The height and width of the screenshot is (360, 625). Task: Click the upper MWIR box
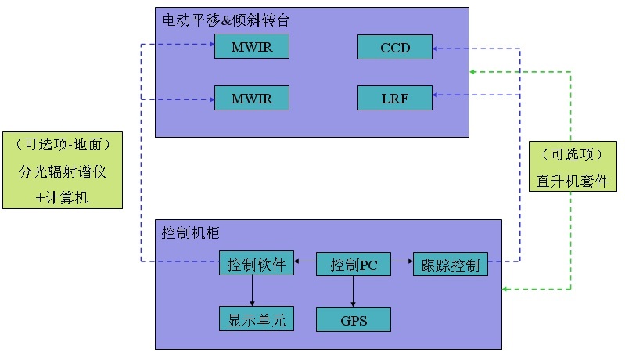pyautogui.click(x=251, y=47)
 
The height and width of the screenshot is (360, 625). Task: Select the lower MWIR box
pyautogui.click(x=251, y=99)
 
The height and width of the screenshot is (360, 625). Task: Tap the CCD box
pyautogui.click(x=395, y=47)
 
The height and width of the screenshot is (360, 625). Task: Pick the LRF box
pyautogui.click(x=395, y=98)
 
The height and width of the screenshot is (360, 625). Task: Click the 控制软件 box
pyautogui.click(x=257, y=264)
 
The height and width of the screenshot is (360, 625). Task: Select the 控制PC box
pyautogui.click(x=354, y=265)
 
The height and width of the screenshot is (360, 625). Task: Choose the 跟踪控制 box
pyautogui.click(x=451, y=264)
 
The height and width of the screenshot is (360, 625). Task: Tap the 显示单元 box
pyautogui.click(x=257, y=319)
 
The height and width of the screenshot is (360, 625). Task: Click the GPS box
pyautogui.click(x=353, y=319)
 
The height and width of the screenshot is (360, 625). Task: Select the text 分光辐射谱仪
pyautogui.click(x=63, y=171)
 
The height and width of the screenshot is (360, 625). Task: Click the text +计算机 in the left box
pyautogui.click(x=63, y=197)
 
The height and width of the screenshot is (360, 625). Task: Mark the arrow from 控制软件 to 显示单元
pyautogui.click(x=252, y=291)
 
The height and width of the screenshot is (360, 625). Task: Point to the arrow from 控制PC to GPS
pyautogui.click(x=354, y=291)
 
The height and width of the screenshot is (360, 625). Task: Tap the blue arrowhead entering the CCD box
pyautogui.click(x=436, y=49)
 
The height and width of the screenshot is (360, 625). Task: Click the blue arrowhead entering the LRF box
pyautogui.click(x=436, y=95)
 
